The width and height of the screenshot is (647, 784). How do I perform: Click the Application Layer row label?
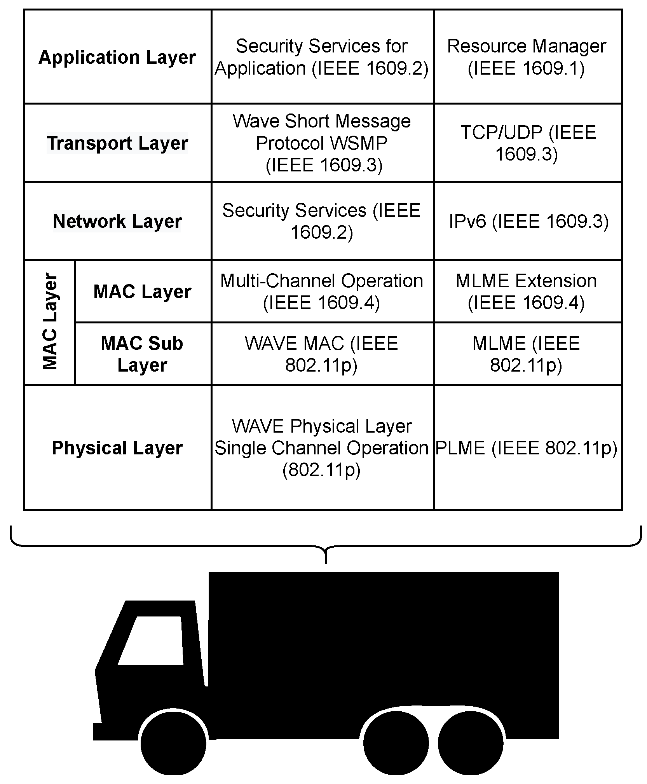click(x=117, y=58)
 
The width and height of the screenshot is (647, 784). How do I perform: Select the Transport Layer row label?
click(x=117, y=143)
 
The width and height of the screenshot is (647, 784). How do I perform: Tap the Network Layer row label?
click(x=117, y=221)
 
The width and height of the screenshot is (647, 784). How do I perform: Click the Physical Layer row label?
click(x=117, y=448)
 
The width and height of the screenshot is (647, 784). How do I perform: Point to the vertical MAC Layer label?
click(x=50, y=322)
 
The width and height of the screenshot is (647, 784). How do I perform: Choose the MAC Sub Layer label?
click(x=142, y=354)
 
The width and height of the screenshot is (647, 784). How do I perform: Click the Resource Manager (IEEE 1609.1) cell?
click(x=527, y=57)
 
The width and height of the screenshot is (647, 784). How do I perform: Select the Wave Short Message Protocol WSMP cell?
click(x=322, y=143)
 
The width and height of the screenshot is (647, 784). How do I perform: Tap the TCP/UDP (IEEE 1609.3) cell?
click(x=527, y=143)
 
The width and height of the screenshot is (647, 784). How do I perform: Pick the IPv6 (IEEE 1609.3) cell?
click(x=528, y=221)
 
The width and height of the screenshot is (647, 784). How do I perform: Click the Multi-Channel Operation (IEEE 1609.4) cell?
click(x=322, y=292)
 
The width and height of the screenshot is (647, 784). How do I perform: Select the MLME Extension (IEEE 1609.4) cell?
click(x=527, y=292)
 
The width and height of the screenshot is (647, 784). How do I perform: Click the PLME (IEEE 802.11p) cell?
click(x=527, y=448)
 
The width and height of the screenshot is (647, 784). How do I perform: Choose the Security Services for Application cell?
click(x=322, y=57)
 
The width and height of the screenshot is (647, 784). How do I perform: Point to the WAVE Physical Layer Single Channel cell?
click(x=322, y=448)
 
